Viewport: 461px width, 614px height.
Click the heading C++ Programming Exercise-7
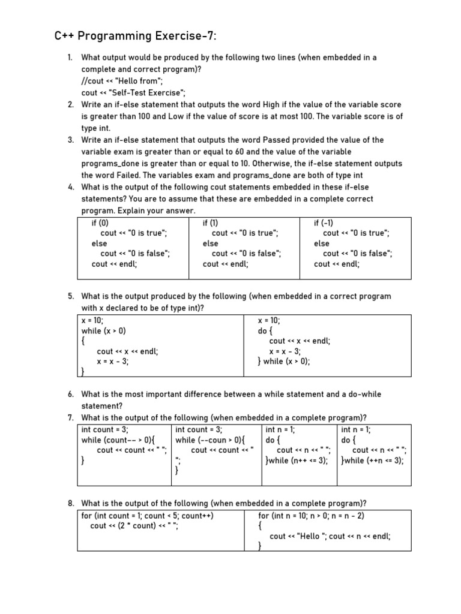pos(134,37)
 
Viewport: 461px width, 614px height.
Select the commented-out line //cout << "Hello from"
pos(122,81)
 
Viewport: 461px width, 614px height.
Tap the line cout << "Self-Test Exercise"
pos(134,92)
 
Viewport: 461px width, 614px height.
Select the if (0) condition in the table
pos(100,223)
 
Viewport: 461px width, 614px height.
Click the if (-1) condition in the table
pos(324,223)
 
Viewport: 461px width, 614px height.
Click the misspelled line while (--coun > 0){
pos(210,440)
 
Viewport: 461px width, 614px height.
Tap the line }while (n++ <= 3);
pos(297,460)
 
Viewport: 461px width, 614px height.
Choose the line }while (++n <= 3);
pos(372,460)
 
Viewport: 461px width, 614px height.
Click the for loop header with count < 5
pos(148,516)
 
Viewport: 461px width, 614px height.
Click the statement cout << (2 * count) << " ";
pos(134,526)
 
